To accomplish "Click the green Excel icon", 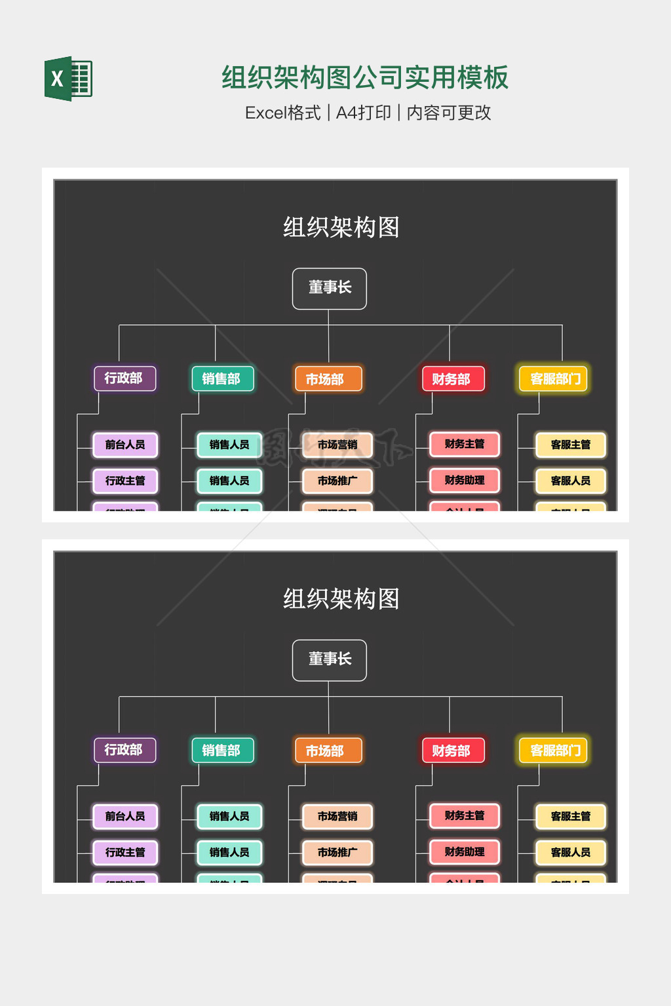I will [69, 79].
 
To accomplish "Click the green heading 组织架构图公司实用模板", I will [364, 77].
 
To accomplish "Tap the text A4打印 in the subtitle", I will [363, 113].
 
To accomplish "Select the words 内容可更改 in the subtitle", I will [449, 113].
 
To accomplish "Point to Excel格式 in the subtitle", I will [282, 113].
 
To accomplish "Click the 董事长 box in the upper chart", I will [330, 288].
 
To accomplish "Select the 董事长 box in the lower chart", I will [330, 660].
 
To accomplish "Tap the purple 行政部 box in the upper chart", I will [124, 379].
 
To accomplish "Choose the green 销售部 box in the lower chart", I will [221, 750].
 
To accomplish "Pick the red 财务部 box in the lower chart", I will [451, 751].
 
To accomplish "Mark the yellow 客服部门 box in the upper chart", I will [554, 379].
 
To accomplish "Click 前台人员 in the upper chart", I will [125, 445].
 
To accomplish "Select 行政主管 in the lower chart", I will [125, 852].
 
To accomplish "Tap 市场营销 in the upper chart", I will [337, 445].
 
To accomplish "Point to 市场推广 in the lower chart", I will [337, 852].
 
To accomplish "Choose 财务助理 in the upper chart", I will [465, 480].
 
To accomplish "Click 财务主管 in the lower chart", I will [465, 815].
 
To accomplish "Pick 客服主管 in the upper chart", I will [571, 445].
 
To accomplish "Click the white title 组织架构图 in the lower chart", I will [341, 599].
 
